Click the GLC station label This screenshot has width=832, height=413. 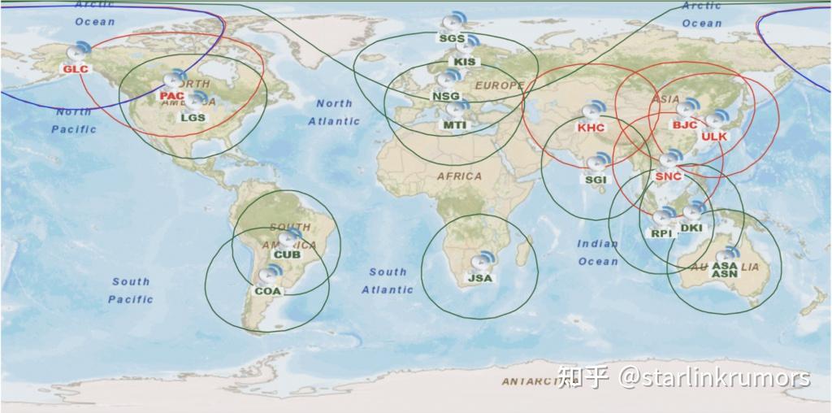tap(75, 69)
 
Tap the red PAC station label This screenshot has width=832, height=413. tap(172, 96)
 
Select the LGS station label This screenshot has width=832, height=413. tap(193, 117)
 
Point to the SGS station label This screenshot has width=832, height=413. tap(452, 38)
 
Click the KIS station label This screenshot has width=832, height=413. tap(466, 62)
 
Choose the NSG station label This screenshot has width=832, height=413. tap(446, 96)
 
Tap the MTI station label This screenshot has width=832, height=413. tap(454, 124)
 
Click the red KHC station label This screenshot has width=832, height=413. tap(591, 128)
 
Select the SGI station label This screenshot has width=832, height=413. tap(596, 179)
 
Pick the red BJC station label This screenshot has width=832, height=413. tap(685, 124)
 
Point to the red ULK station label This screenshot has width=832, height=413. tap(714, 137)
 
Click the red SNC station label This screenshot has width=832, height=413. tap(668, 176)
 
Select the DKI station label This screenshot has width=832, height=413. tap(691, 228)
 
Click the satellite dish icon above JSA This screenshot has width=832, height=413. tap(482, 262)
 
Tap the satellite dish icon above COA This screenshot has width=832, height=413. tap(272, 273)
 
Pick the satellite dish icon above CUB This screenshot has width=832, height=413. tap(288, 239)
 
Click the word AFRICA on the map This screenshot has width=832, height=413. tap(459, 176)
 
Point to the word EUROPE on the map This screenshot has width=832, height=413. tap(500, 85)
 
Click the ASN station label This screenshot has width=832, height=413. tap(724, 275)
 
